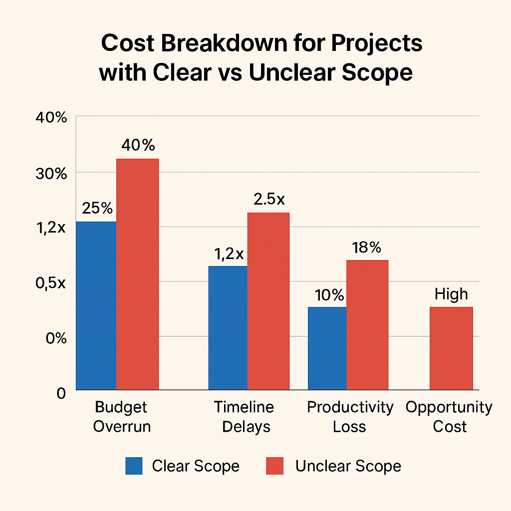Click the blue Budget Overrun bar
(x=96, y=305)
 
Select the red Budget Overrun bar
(x=137, y=274)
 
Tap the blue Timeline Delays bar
(x=228, y=327)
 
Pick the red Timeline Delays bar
(x=268, y=301)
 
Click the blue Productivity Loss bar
(x=327, y=348)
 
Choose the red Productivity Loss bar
(x=367, y=324)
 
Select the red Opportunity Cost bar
(x=451, y=348)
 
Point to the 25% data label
(x=98, y=208)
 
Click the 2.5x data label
(x=269, y=199)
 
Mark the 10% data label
(x=329, y=295)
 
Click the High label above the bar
(x=451, y=294)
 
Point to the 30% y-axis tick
(x=50, y=173)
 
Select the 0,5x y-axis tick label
(x=50, y=283)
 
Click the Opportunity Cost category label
(x=449, y=417)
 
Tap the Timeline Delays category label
(x=244, y=417)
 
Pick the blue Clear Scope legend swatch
(x=134, y=466)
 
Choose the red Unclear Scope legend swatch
(x=274, y=466)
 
